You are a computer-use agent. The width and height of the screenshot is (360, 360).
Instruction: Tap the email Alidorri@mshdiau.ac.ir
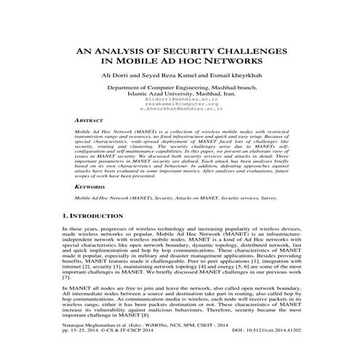[180, 112]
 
